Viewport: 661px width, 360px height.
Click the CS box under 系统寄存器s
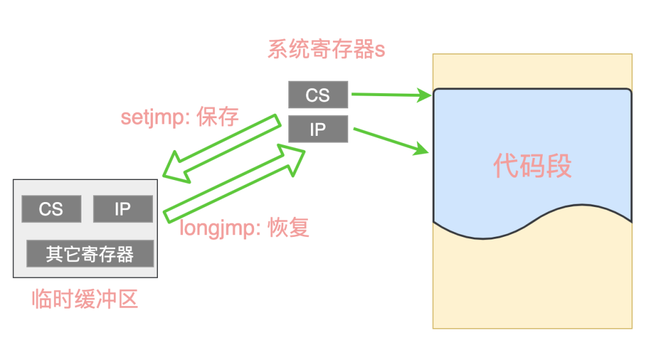[318, 95]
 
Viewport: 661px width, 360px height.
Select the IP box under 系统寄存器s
[318, 129]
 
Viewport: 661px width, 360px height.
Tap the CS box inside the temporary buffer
[51, 209]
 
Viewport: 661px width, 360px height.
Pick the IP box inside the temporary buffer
[122, 209]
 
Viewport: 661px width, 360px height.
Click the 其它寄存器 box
[90, 253]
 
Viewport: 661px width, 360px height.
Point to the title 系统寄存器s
[326, 50]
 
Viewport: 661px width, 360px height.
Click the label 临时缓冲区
[84, 299]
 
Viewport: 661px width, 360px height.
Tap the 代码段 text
[532, 166]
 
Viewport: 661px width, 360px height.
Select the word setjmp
[152, 117]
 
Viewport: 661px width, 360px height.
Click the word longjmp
[217, 228]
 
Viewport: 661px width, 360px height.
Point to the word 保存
[217, 116]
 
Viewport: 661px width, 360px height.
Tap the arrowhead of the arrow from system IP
[422, 148]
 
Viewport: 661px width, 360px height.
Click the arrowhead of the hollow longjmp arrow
[293, 158]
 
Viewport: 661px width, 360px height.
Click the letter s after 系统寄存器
[380, 51]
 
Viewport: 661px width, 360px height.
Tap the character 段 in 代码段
[559, 166]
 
